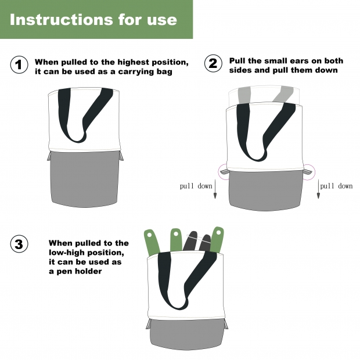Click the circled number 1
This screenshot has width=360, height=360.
coord(19,64)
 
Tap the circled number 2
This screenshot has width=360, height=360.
coord(213,63)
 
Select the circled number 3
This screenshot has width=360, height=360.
coord(19,244)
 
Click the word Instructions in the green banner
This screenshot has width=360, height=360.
coord(62,20)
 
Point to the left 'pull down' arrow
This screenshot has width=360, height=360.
coord(215,189)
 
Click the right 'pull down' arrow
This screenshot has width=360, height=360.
coord(318,189)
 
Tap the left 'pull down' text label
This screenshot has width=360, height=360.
coord(196,186)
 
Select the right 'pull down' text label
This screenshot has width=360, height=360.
coord(336,186)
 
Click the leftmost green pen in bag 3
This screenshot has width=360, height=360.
coord(152,242)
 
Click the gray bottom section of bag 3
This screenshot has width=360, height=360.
coord(186,333)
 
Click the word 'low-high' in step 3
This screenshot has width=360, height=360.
coord(66,253)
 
